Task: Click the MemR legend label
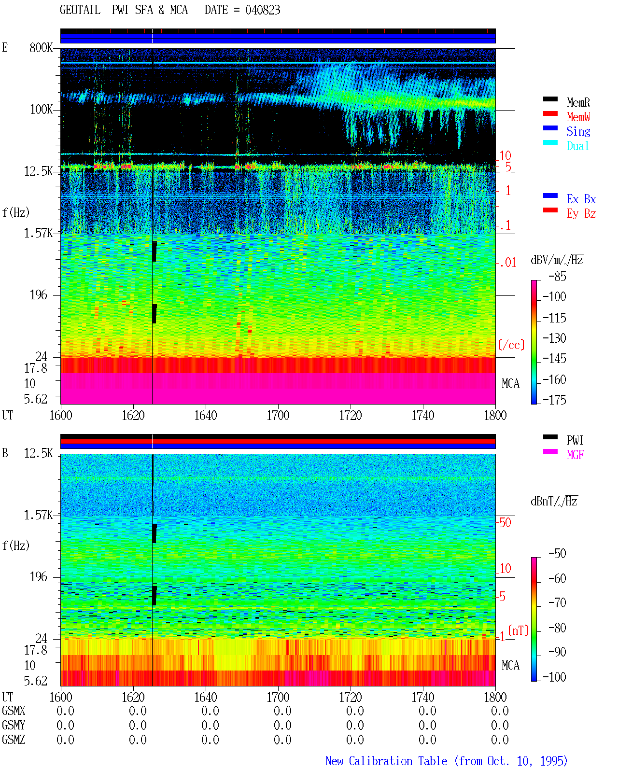click(578, 102)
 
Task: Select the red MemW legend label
click(578, 117)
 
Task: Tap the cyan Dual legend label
click(577, 146)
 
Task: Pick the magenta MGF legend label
click(575, 455)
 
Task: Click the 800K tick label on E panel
click(41, 47)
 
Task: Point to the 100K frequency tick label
click(41, 110)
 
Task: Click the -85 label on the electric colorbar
click(557, 276)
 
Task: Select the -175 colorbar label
click(554, 400)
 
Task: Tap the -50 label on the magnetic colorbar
click(557, 554)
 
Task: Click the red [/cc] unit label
click(511, 345)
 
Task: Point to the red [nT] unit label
click(518, 630)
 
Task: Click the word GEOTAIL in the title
click(80, 10)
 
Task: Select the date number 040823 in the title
click(263, 10)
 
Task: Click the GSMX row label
click(14, 711)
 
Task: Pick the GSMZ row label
click(14, 740)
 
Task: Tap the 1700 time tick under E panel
click(278, 416)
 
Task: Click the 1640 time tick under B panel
click(206, 697)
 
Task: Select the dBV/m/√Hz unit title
click(557, 260)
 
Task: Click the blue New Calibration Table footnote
click(447, 761)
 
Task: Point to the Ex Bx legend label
click(581, 199)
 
